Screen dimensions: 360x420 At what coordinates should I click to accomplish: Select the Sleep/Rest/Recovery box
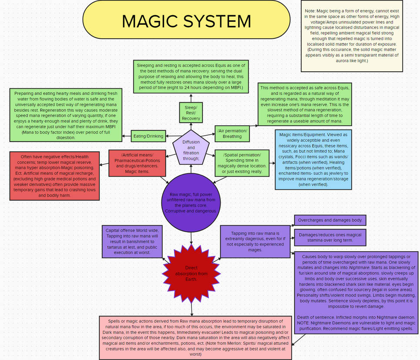click(191, 113)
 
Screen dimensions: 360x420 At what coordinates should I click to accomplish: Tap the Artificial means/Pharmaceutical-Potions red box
click(137, 163)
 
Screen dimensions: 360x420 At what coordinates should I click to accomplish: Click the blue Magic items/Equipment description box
click(312, 160)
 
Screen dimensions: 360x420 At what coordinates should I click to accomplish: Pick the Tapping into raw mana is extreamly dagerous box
click(255, 241)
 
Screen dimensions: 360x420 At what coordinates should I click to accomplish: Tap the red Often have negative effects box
click(54, 175)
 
